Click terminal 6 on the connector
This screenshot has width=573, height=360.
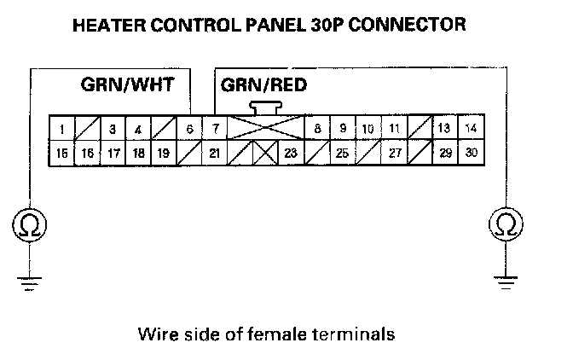click(189, 129)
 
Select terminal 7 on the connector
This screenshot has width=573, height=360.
click(215, 129)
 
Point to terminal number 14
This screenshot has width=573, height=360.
click(470, 129)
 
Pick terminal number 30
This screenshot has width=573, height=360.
click(470, 154)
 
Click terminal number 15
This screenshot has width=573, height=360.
click(62, 154)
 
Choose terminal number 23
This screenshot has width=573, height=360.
click(290, 154)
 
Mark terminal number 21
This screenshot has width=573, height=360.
click(215, 154)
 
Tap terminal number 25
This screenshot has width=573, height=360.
click(342, 154)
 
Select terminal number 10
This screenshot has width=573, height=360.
click(368, 129)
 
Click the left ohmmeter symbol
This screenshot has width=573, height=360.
click(30, 224)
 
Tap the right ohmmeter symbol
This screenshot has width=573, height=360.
click(505, 224)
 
